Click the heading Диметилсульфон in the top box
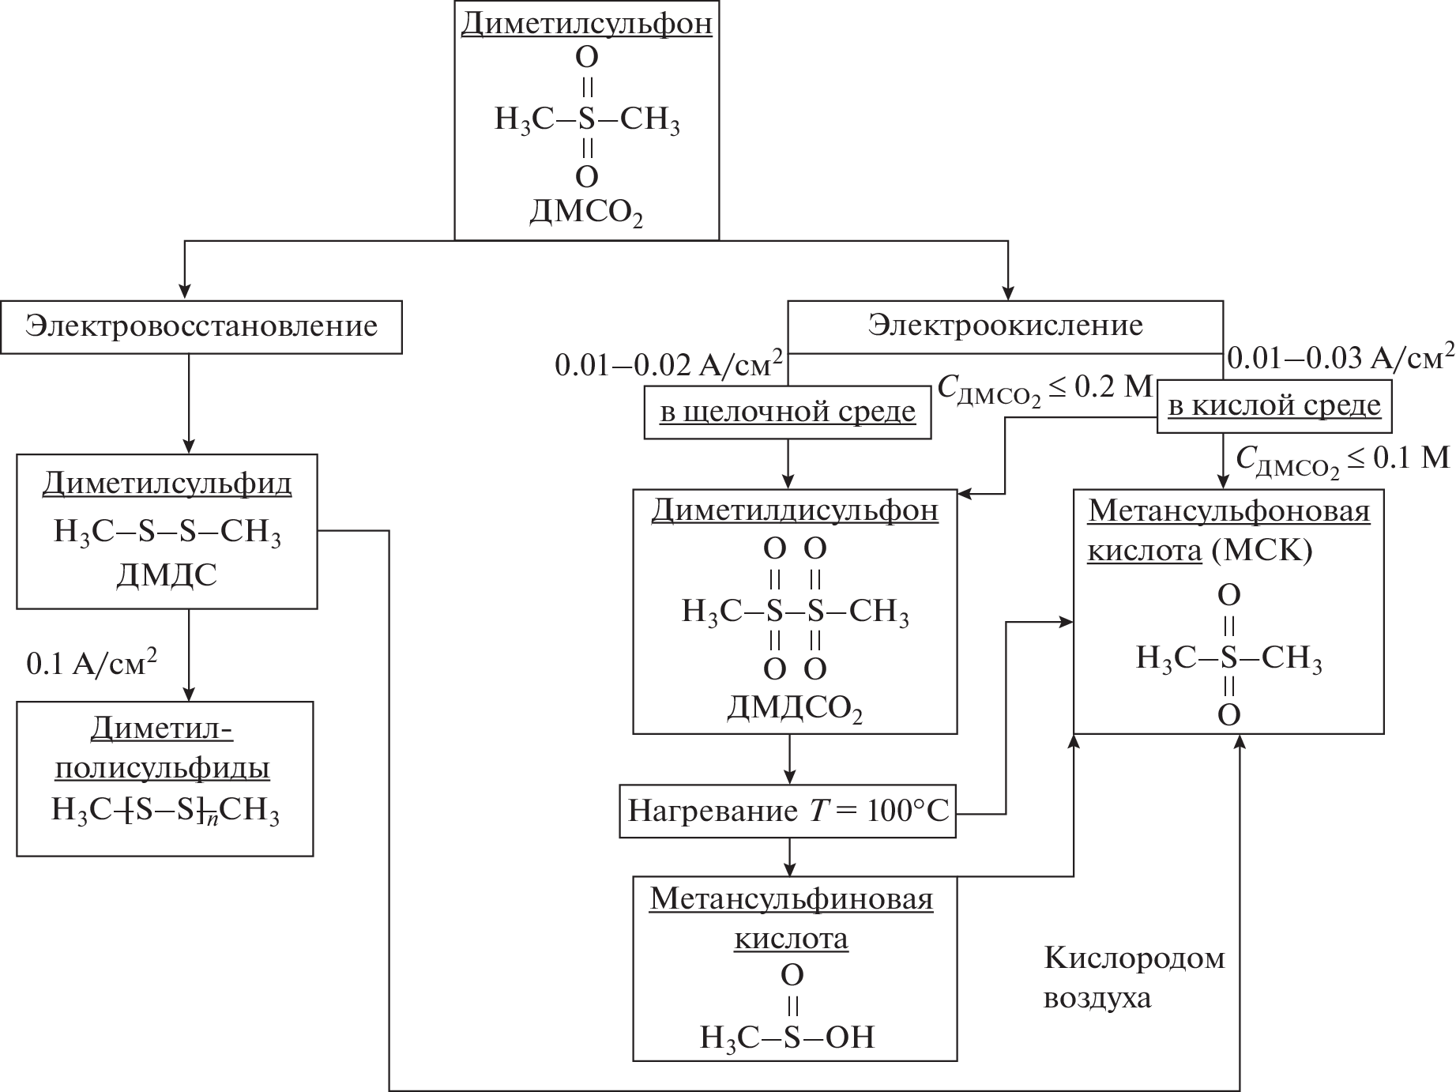pos(586,24)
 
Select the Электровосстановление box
pos(201,326)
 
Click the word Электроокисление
pos(1005,326)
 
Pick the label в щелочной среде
pos(788,412)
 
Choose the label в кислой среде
pos(1274,405)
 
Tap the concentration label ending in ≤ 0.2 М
pos(1045,388)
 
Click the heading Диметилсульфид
pos(167,483)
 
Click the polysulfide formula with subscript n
pos(165,811)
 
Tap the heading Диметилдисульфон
pos(795,510)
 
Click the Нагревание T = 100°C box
pos(788,811)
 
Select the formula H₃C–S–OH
pos(788,1037)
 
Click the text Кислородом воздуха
pos(1134,978)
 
